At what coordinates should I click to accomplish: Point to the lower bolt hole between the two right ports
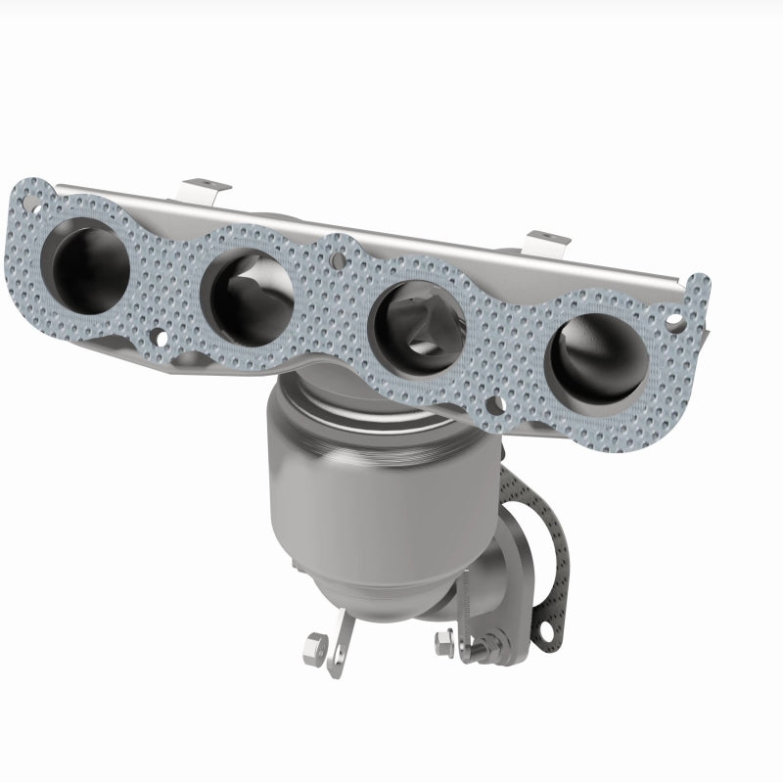498,402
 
